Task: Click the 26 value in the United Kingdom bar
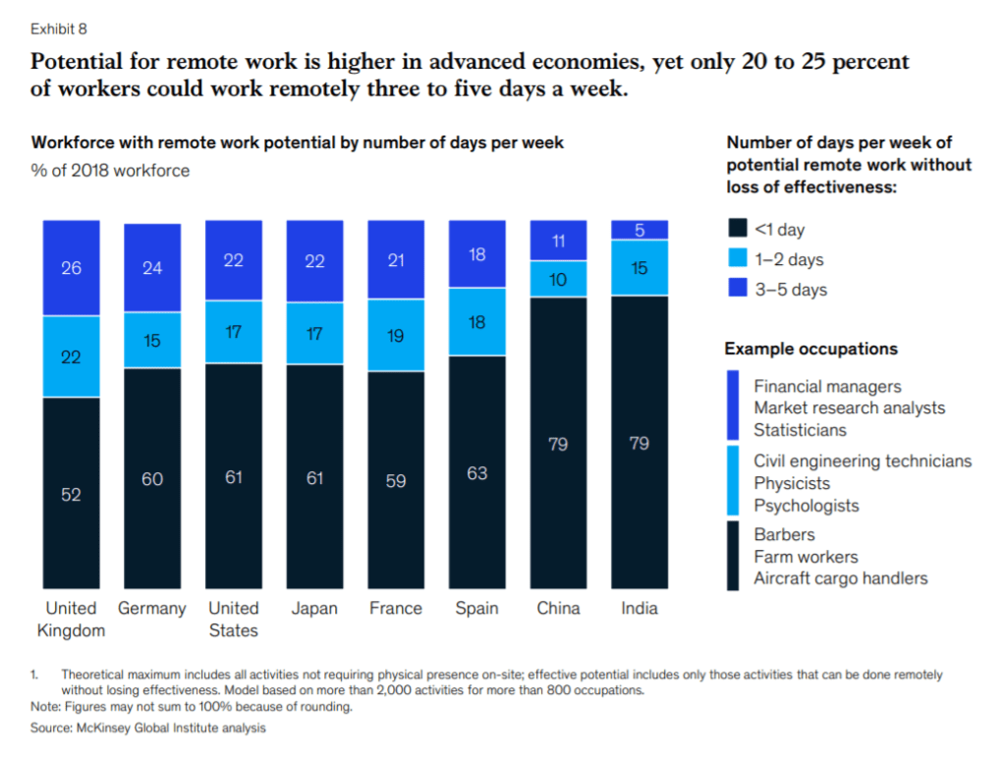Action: click(x=71, y=267)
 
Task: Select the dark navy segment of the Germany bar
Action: click(x=151, y=478)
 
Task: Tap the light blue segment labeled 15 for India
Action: click(x=640, y=267)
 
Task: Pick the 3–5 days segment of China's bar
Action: click(x=558, y=241)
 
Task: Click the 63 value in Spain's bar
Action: click(x=476, y=473)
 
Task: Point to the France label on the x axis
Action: click(x=395, y=609)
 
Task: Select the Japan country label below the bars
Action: click(x=314, y=609)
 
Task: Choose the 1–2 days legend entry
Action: click(x=788, y=260)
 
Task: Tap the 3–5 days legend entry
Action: click(x=790, y=290)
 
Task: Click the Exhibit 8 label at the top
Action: click(x=59, y=27)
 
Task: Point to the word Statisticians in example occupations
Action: click(x=800, y=430)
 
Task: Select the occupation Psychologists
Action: click(x=806, y=506)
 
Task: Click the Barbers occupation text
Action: click(x=784, y=535)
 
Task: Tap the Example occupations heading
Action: click(x=810, y=349)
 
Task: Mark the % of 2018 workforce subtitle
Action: click(x=110, y=171)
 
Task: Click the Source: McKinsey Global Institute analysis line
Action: click(x=148, y=729)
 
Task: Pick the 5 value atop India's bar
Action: click(x=640, y=230)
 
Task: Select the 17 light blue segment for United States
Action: click(x=233, y=332)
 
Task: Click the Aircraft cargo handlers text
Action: click(x=840, y=578)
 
